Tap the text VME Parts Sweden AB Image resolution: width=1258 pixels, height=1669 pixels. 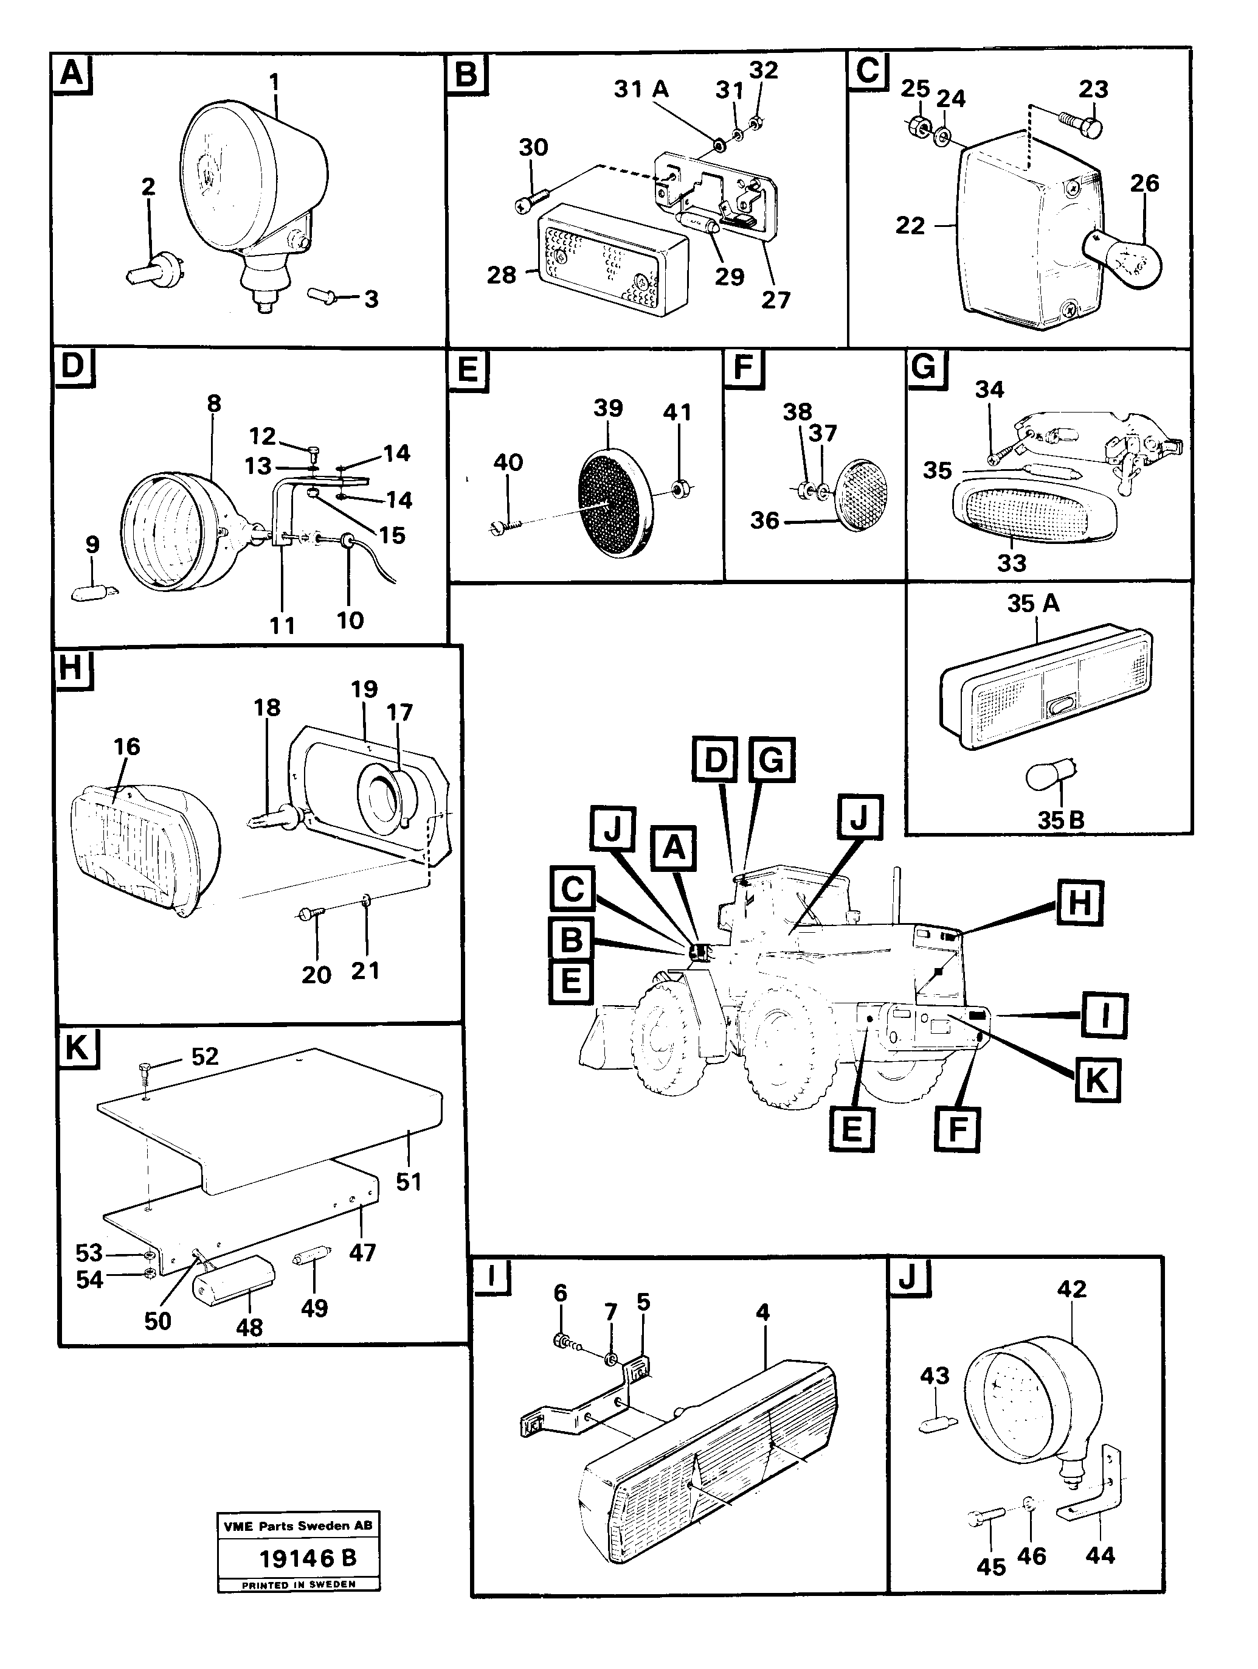(x=298, y=1525)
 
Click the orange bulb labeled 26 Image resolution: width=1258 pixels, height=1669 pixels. (x=1124, y=259)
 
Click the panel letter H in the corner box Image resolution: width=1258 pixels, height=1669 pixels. (x=72, y=667)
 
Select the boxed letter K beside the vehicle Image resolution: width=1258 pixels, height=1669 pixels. (x=1096, y=1081)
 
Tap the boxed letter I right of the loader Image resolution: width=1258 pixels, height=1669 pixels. (x=1104, y=1016)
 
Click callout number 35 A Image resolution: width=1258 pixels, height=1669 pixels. (x=1033, y=604)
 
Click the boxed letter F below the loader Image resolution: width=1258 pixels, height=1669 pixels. (x=956, y=1129)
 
